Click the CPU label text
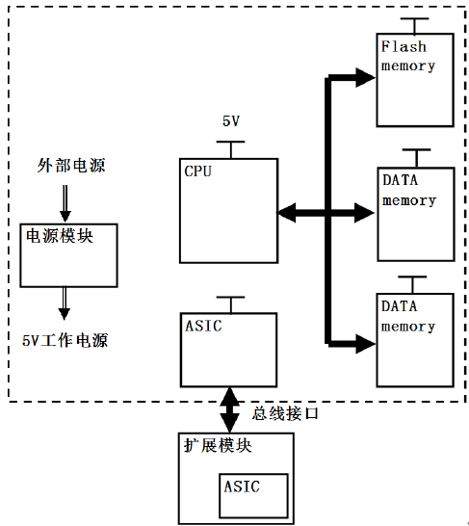point(197,171)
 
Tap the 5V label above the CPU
point(231,121)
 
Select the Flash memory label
point(408,56)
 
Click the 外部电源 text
point(71,166)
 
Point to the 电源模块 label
point(60,236)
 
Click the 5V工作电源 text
point(65,340)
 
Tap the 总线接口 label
point(285,413)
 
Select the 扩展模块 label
point(218,445)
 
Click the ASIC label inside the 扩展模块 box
point(242,487)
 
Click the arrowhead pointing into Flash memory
point(365,78)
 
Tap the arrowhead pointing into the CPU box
point(287,213)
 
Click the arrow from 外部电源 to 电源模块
point(65,203)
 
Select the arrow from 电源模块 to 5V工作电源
point(65,303)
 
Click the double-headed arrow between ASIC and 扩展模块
point(229,410)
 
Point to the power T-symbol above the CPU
point(230,149)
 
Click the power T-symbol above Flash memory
point(415,26)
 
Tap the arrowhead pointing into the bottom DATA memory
point(366,344)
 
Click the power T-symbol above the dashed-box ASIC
point(230,305)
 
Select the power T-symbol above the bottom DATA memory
point(412,285)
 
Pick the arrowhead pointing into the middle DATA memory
point(365,213)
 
